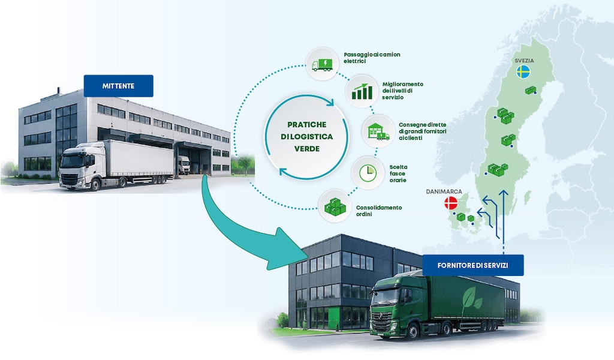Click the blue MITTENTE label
coord(118,86)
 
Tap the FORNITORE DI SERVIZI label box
coord(472,265)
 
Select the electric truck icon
coord(322,64)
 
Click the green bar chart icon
coord(362,91)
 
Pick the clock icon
coord(368,173)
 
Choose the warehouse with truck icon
coord(378,131)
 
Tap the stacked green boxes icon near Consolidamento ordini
coord(335,206)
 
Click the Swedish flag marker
coord(523,72)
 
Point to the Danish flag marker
coord(451,203)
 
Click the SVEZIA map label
coord(524,61)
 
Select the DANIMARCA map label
coord(444,191)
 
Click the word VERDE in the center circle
coord(306,149)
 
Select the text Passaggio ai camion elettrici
coord(372,58)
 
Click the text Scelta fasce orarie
coord(398,173)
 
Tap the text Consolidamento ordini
coord(379,211)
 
